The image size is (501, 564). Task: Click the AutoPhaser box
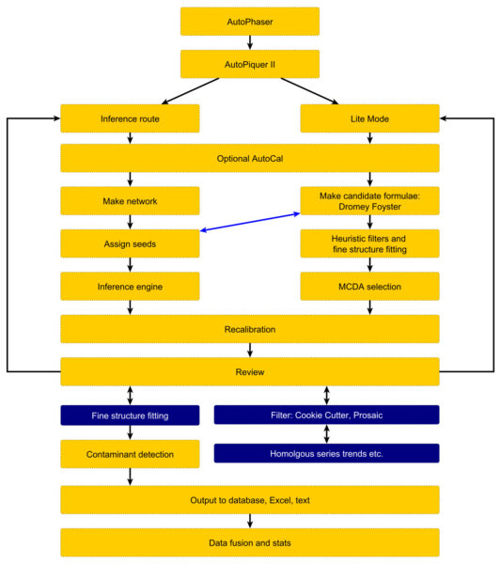250,22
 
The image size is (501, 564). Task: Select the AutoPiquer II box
250,64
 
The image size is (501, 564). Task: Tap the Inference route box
130,118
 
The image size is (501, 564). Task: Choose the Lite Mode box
369,118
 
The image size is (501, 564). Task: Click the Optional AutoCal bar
250,158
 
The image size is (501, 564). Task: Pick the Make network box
130,201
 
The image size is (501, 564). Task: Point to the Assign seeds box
130,243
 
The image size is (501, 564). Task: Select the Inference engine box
130,287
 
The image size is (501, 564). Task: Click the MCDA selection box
369,287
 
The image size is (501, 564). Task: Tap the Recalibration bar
250,329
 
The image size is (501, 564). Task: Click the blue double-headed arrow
250,222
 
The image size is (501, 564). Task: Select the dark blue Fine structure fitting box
130,415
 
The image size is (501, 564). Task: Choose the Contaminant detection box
130,454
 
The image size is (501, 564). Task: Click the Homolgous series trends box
326,453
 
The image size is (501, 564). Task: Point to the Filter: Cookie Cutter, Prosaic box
326,415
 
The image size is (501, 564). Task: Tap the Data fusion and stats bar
250,542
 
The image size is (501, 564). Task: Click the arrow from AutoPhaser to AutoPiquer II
250,42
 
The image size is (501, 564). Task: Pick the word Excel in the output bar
280,500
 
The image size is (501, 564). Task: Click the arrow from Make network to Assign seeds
131,222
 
